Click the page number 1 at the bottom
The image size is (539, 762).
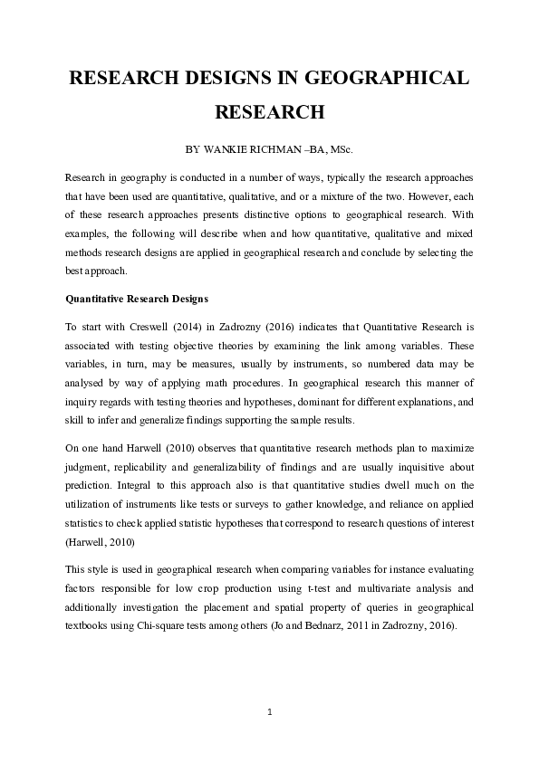coord(270,712)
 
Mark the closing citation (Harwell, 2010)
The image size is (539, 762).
coord(101,541)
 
